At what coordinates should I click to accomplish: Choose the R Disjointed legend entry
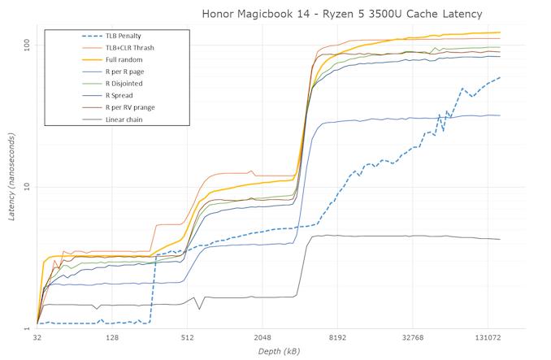(128, 84)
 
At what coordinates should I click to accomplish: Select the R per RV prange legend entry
(135, 107)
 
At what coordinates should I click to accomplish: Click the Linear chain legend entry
(127, 119)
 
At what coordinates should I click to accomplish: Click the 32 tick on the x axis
(37, 337)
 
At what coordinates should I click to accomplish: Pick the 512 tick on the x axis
(187, 337)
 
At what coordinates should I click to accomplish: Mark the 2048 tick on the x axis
(262, 337)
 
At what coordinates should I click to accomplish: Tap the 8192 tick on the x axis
(337, 337)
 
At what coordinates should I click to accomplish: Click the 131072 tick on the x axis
(488, 337)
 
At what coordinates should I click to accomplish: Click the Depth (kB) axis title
(280, 351)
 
